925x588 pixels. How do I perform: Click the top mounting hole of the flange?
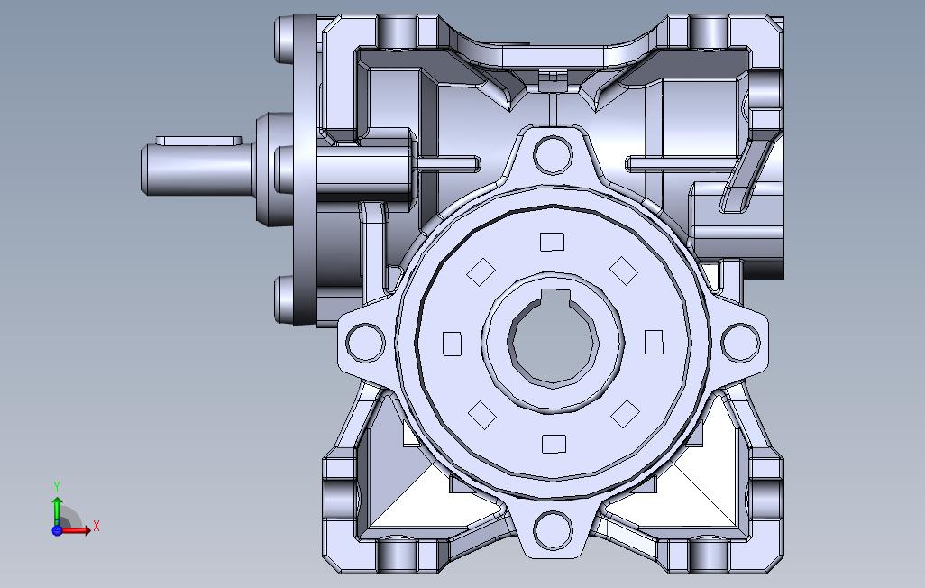pos(553,155)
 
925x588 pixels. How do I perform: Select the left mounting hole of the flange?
pos(365,343)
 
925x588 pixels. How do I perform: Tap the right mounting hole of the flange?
pos(741,343)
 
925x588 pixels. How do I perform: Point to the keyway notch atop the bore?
pos(555,298)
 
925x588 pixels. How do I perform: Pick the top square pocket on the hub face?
pos(552,242)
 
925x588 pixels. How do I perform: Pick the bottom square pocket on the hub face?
pos(554,444)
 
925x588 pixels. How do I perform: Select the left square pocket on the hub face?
pos(452,344)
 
